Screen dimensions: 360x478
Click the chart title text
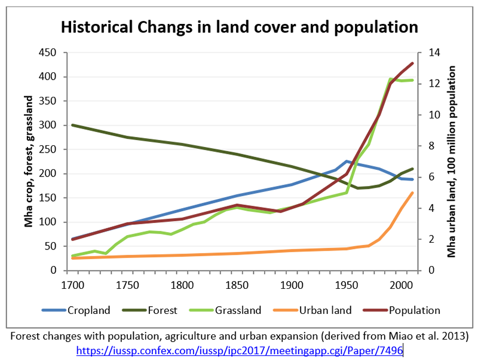(238, 27)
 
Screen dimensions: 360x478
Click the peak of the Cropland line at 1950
(347, 161)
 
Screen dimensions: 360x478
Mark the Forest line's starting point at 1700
(72, 125)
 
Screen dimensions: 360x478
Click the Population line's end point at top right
(412, 63)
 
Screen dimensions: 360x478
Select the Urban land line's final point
(412, 193)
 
